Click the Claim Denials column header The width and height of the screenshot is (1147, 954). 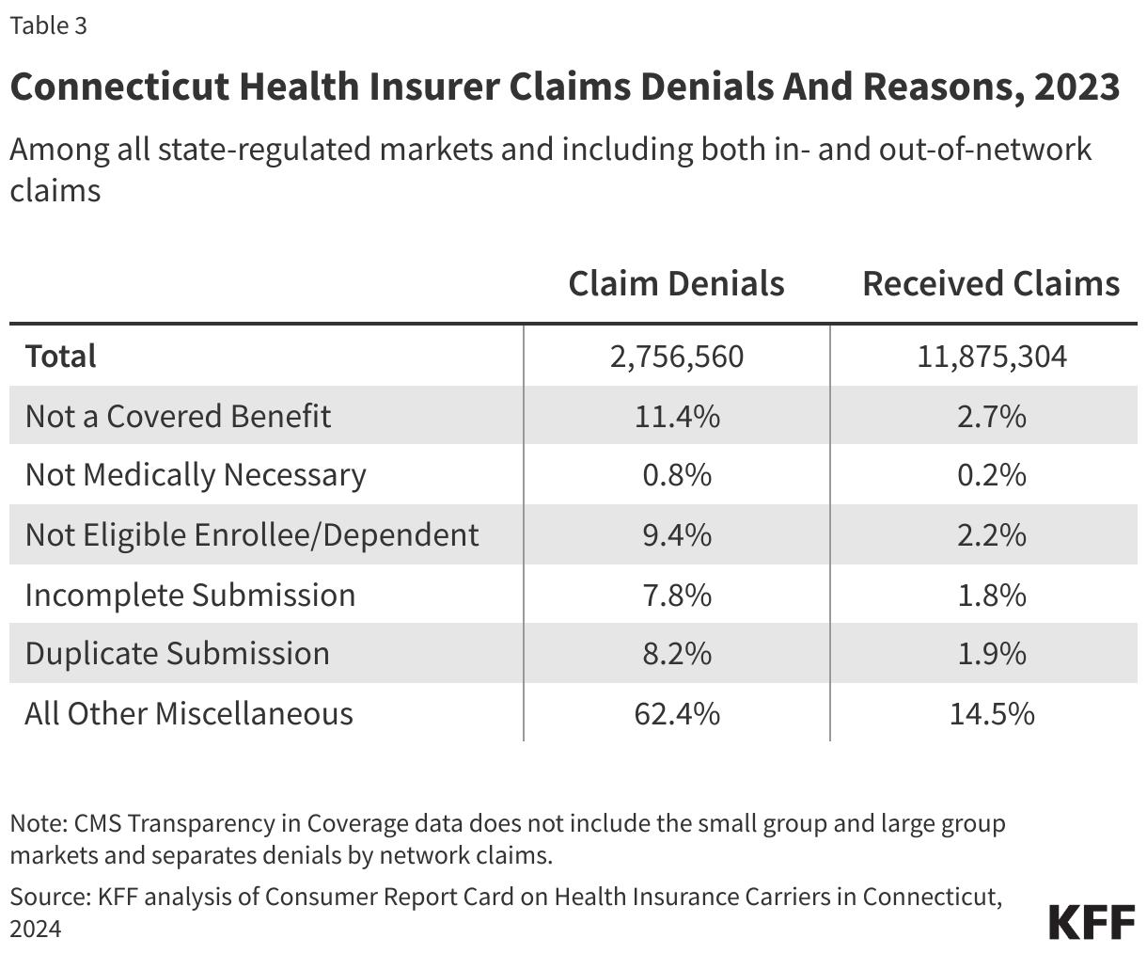pyautogui.click(x=676, y=283)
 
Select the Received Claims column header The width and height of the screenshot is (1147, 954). pyautogui.click(x=991, y=283)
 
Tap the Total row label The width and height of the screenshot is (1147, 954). pyautogui.click(x=61, y=357)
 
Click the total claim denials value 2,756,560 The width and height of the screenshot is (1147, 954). pyautogui.click(x=676, y=357)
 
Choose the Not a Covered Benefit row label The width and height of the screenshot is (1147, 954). pyautogui.click(x=178, y=416)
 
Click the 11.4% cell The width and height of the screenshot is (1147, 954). pyautogui.click(x=676, y=416)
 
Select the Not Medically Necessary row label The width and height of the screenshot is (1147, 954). pyautogui.click(x=196, y=475)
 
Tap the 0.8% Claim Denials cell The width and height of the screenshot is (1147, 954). pyautogui.click(x=676, y=475)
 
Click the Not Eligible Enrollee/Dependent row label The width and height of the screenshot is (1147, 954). pyautogui.click(x=252, y=534)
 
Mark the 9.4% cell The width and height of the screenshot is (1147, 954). pyautogui.click(x=676, y=534)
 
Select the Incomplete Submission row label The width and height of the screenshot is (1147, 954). pyautogui.click(x=190, y=595)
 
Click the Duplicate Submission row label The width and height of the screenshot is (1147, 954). pyautogui.click(x=178, y=654)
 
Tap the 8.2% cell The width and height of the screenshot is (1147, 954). pyautogui.click(x=676, y=654)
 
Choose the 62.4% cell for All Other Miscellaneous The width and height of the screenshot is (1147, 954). pyautogui.click(x=676, y=713)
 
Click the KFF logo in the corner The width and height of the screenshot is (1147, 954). pyautogui.click(x=1091, y=923)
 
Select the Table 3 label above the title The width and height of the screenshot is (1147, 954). pyautogui.click(x=49, y=25)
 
